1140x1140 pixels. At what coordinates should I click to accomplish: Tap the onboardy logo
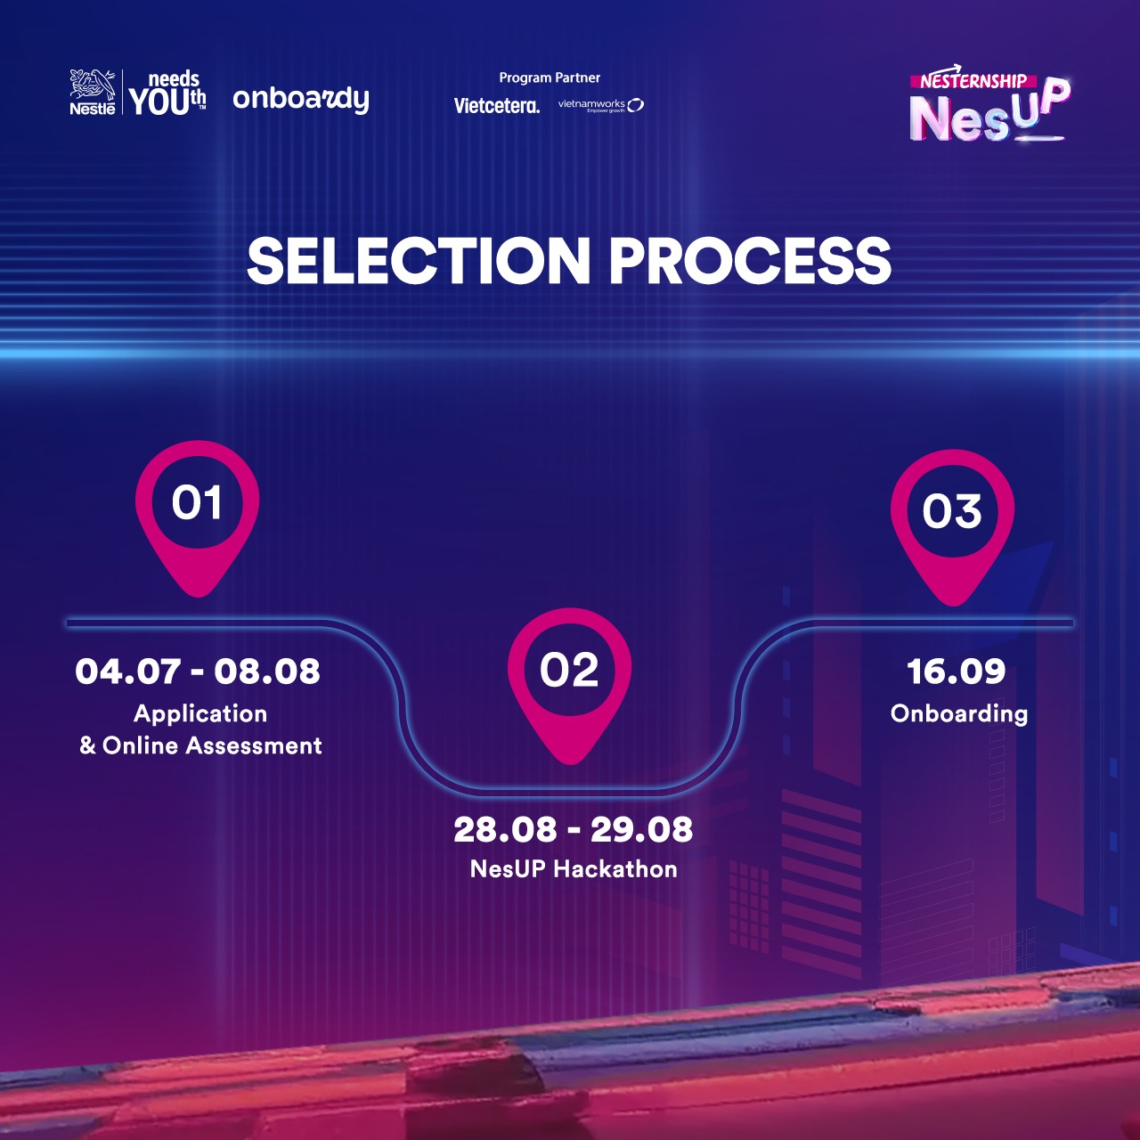(300, 100)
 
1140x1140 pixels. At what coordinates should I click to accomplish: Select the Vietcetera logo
(496, 106)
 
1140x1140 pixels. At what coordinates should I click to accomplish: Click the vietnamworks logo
(600, 105)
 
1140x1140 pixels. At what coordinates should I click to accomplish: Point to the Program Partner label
(550, 77)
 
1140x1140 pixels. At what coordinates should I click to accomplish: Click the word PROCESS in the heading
(750, 261)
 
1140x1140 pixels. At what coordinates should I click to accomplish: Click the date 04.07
(127, 672)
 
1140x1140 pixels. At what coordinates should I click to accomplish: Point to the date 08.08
(267, 672)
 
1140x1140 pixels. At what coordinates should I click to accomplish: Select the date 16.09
(956, 672)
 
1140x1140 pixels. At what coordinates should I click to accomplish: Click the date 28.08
(505, 829)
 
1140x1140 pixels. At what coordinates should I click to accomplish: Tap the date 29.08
(641, 829)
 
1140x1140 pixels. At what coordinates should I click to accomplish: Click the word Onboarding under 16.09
(959, 713)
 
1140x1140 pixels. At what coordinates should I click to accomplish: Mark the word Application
(200, 714)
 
